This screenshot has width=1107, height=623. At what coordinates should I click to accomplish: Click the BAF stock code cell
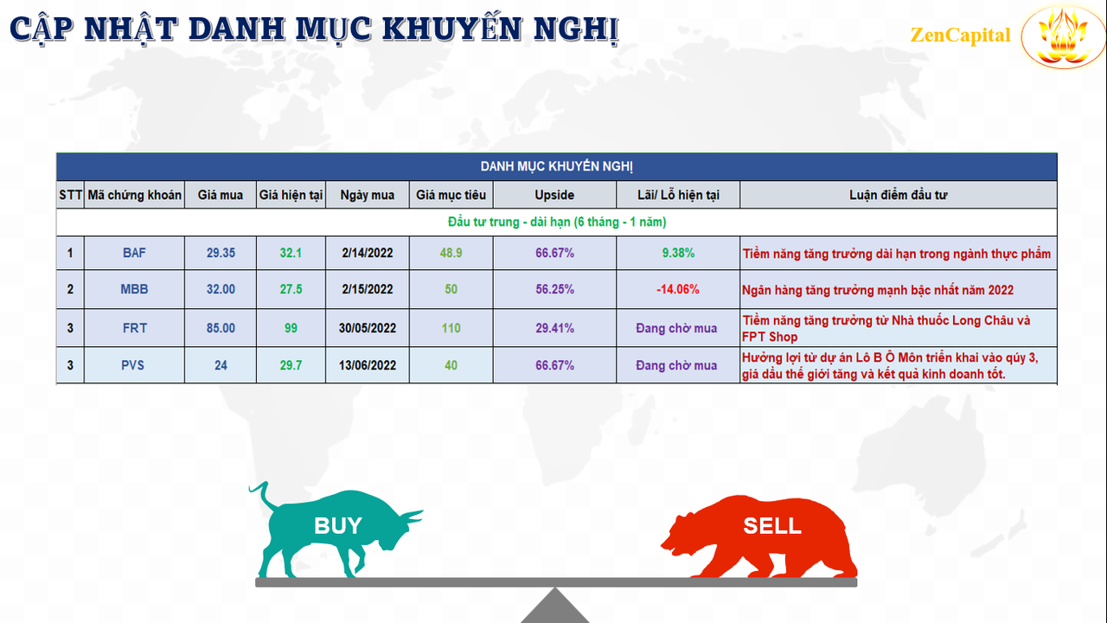pos(134,254)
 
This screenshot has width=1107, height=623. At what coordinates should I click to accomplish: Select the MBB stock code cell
pos(134,289)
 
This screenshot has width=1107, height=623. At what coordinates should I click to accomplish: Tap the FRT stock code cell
pos(134,328)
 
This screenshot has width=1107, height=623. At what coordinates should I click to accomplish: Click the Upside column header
pos(554,195)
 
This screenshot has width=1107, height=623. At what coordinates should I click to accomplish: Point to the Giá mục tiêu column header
pos(451,195)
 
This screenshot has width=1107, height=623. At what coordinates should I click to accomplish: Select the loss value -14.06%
pos(677,289)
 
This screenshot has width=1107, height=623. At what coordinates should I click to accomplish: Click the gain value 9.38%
pos(678,254)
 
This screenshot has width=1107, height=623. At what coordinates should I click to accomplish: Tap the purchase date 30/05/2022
pos(368,328)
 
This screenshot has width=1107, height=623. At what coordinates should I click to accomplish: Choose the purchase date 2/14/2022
pos(368,254)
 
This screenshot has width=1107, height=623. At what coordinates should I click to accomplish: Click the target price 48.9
pos(451,254)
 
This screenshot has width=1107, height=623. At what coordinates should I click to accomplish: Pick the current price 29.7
pos(291,365)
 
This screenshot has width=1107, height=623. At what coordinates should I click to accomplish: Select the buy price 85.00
pos(221,328)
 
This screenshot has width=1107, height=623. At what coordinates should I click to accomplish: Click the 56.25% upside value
pos(554,289)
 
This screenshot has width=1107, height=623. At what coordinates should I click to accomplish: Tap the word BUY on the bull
pos(338,525)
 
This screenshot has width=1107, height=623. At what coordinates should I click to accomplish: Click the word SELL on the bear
pos(772,525)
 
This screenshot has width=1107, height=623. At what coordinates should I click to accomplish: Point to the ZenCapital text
pos(960,35)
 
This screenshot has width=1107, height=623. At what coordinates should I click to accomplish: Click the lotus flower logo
pos(1063,37)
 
